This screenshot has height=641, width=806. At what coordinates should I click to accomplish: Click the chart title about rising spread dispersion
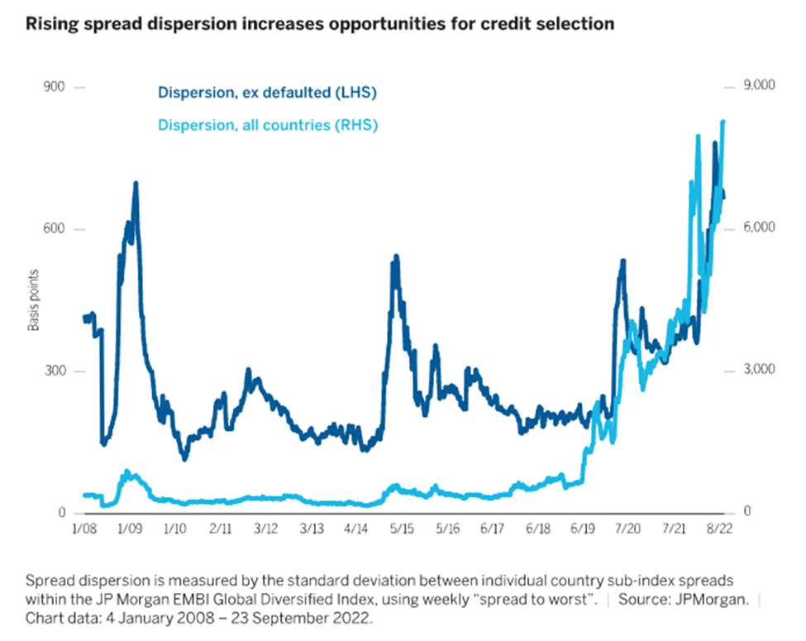(320, 24)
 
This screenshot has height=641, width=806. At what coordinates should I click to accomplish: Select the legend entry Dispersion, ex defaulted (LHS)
(267, 93)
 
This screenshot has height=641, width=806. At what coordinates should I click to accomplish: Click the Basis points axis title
(35, 300)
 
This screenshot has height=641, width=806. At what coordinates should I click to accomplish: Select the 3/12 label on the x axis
(265, 528)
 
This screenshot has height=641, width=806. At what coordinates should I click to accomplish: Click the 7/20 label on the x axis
(627, 528)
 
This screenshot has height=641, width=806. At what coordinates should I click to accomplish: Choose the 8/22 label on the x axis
(718, 528)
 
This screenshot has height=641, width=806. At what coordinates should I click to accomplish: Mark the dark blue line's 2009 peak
(135, 184)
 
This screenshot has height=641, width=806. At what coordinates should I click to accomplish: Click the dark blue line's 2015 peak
(395, 257)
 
